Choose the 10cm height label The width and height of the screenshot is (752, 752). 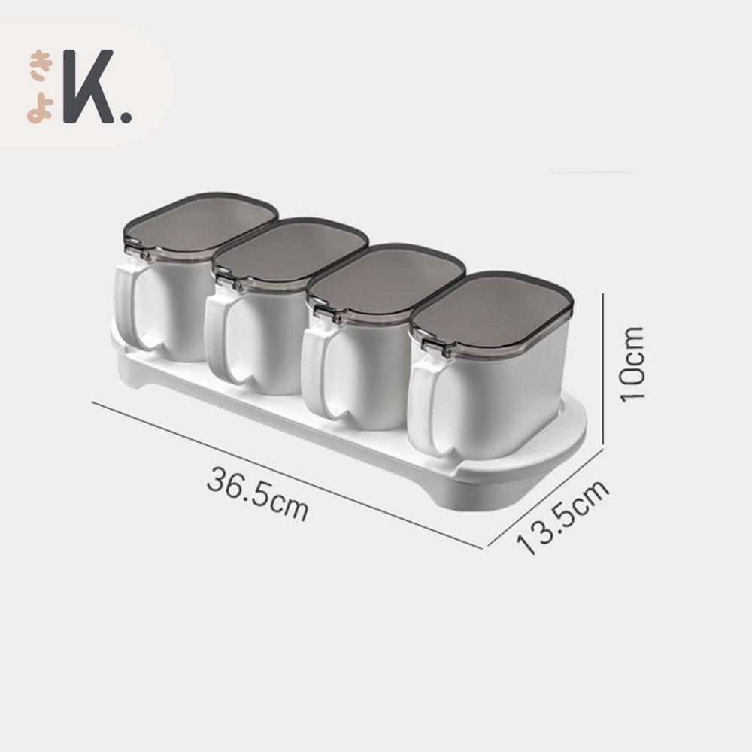pos(633,363)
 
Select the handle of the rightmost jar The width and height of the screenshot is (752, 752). pos(425,406)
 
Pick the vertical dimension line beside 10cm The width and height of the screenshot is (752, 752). pos(605,368)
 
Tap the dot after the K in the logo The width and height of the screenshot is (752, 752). pos(125,117)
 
